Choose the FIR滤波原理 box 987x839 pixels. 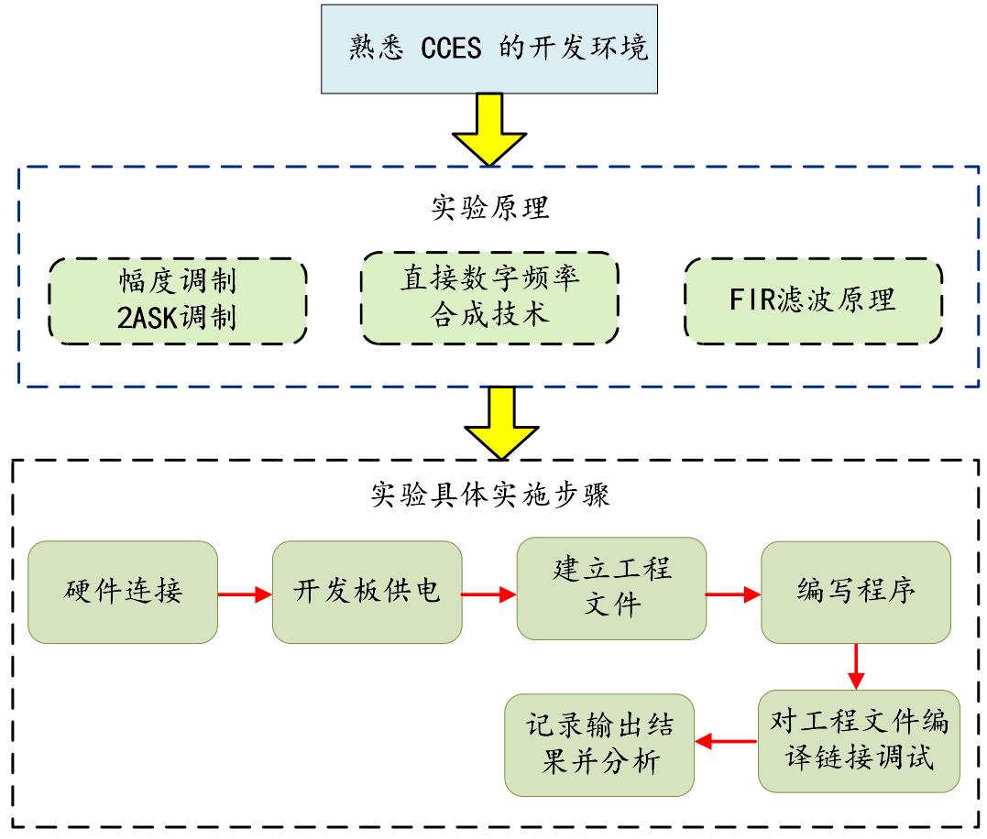pyautogui.click(x=812, y=300)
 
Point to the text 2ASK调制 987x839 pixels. pyautogui.click(x=178, y=318)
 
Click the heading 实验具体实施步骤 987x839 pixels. pyautogui.click(x=489, y=496)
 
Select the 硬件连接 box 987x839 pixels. pyautogui.click(x=123, y=592)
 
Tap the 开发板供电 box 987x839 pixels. pyautogui.click(x=367, y=592)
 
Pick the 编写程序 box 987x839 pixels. pyautogui.click(x=855, y=592)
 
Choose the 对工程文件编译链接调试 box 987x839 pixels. pyautogui.click(x=859, y=741)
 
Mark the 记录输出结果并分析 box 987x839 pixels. pyautogui.click(x=599, y=745)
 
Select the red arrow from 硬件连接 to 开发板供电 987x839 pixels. pyautogui.click(x=245, y=594)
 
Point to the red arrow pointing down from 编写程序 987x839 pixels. pyautogui.click(x=855, y=666)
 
